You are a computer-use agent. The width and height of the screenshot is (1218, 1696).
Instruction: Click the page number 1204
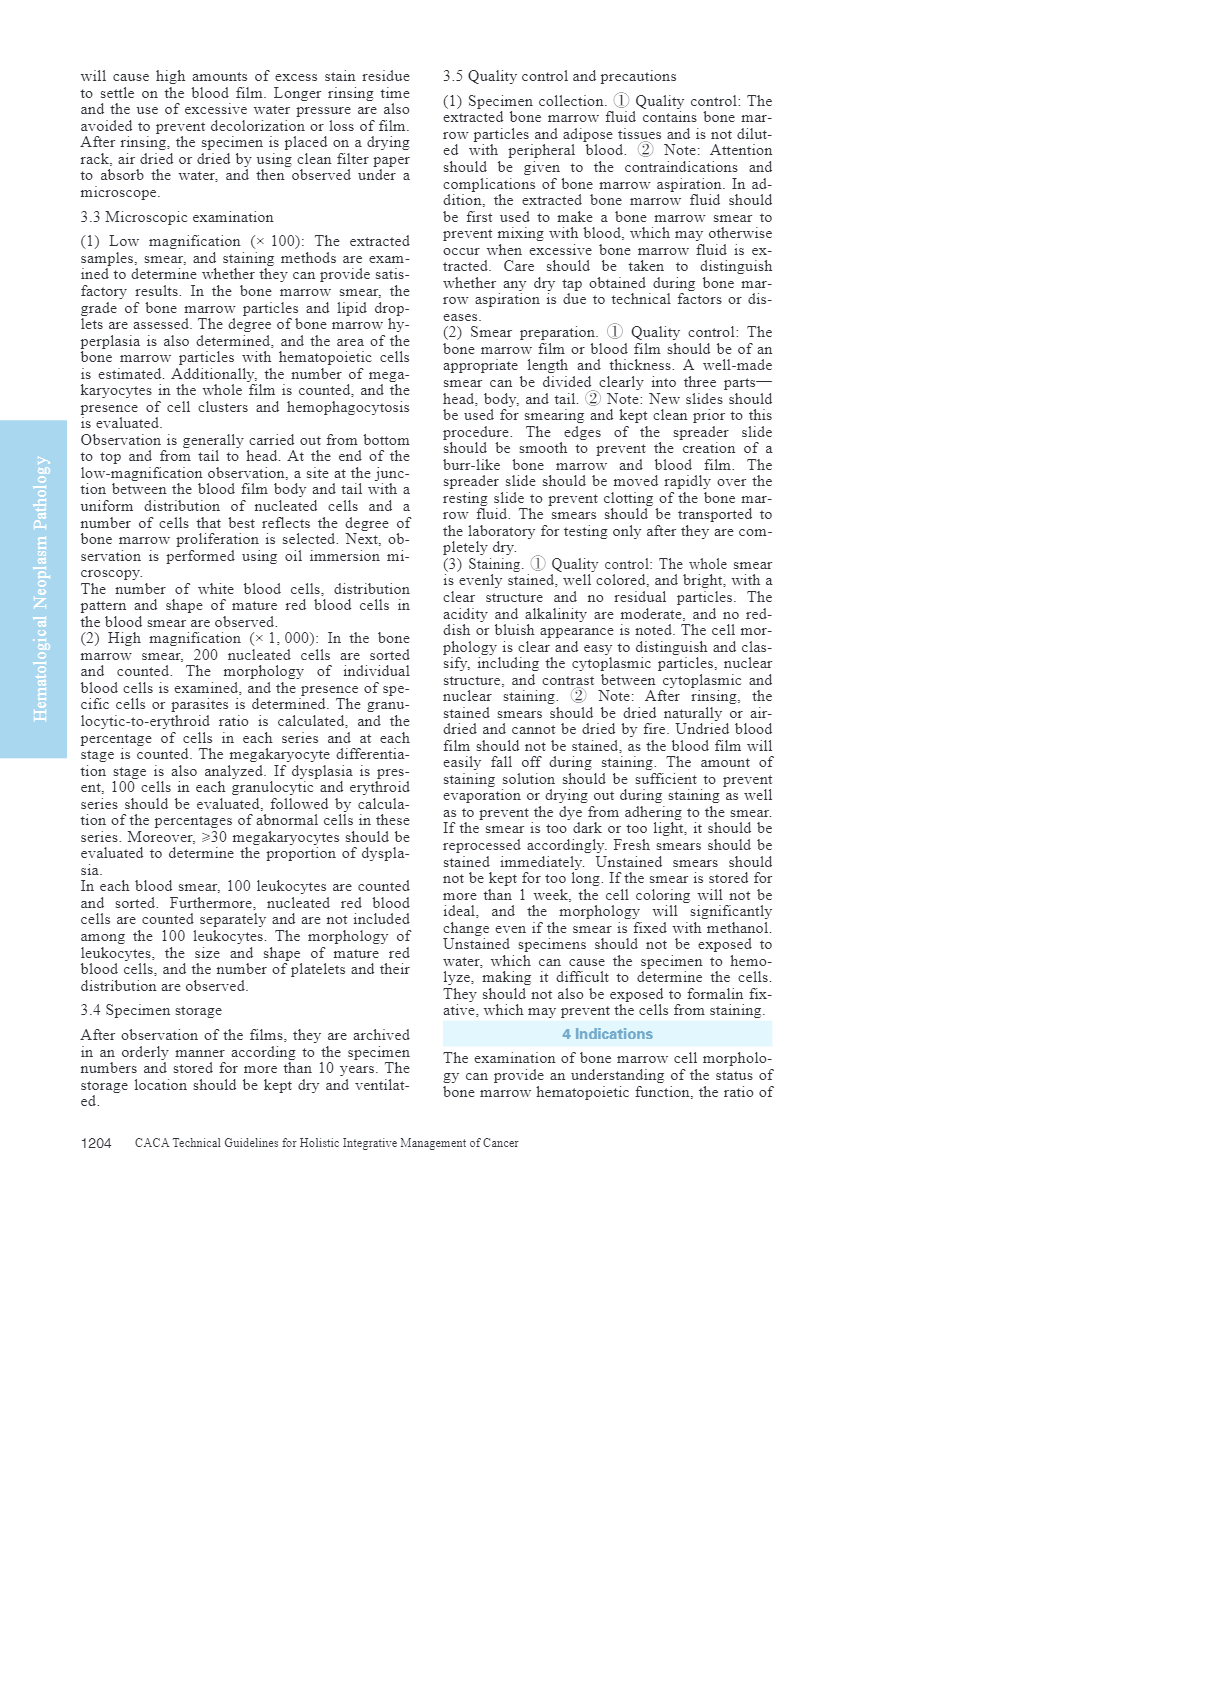(x=96, y=1143)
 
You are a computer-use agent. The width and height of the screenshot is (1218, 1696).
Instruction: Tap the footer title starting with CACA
(x=326, y=1143)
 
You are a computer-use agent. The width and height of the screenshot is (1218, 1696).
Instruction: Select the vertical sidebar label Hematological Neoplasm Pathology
(x=41, y=588)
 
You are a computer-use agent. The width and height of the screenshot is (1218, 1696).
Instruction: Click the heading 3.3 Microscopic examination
(x=177, y=217)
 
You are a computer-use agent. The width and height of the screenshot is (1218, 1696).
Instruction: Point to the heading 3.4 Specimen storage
(x=151, y=1010)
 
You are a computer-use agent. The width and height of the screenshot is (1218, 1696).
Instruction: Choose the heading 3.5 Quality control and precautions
(x=559, y=76)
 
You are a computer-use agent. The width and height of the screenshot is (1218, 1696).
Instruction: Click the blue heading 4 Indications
(x=607, y=1034)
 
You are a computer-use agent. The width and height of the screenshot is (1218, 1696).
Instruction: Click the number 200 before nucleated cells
(x=205, y=655)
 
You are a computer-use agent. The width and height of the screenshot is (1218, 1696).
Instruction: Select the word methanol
(x=737, y=928)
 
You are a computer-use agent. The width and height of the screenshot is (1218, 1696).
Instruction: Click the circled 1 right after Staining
(x=538, y=564)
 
